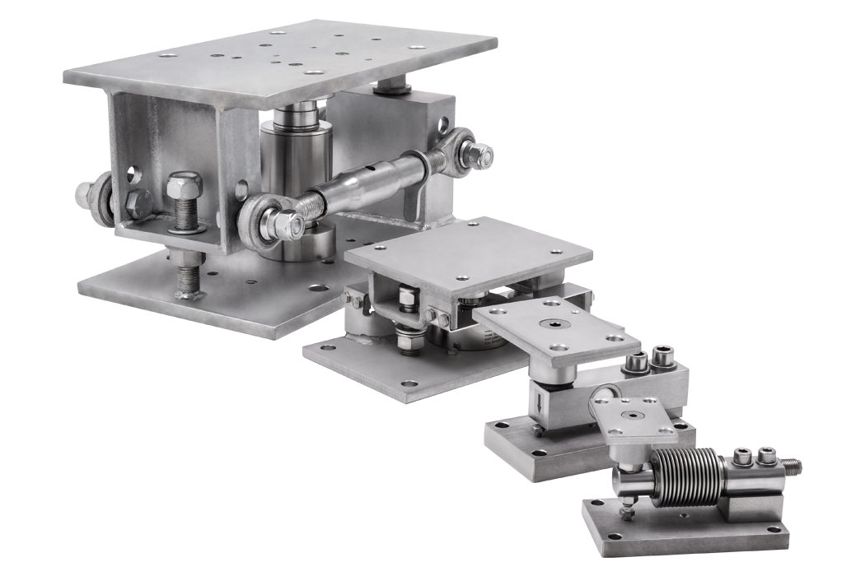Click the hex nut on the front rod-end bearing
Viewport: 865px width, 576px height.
pos(283,223)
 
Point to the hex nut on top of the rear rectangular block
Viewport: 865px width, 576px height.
pos(391,85)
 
